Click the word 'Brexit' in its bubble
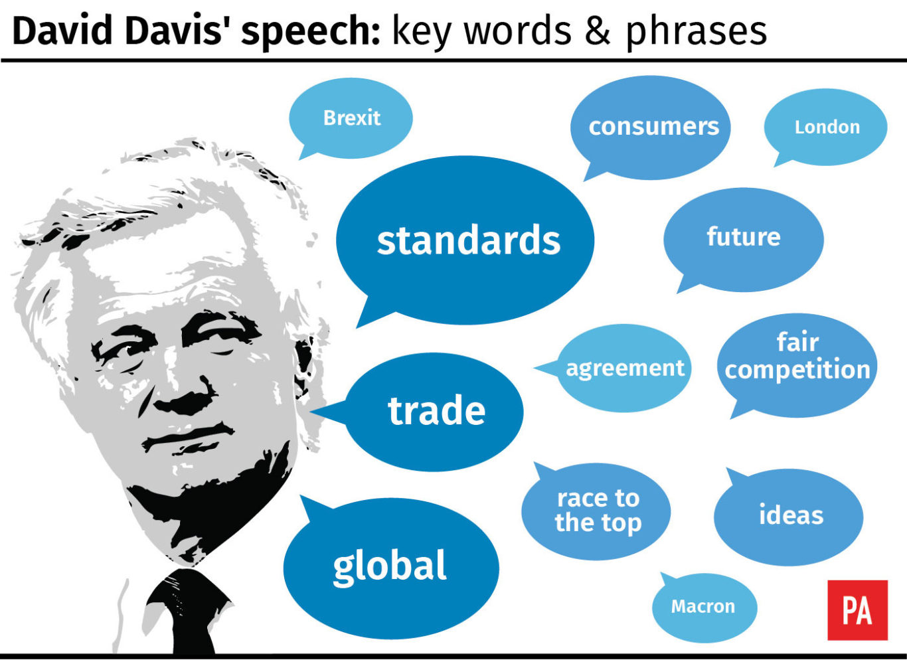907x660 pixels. pos(352,118)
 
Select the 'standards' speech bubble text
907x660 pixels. pos(469,240)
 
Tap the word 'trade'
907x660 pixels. pos(436,411)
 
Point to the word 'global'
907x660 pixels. pos(390,567)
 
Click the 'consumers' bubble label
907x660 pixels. pos(654,127)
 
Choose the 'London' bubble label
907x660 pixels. pos(827,127)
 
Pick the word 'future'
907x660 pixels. pos(744,236)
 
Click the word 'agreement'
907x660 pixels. pos(625,369)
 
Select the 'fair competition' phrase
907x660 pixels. pos(797,357)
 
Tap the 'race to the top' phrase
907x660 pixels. pos(598,512)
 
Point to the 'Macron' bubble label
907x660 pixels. pos(703,606)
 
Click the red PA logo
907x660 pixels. pos(858,610)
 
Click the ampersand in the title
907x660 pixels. pos(598,32)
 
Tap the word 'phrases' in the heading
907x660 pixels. pos(697,33)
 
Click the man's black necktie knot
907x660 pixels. pos(187,586)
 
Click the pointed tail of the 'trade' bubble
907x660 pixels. pos(311,412)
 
